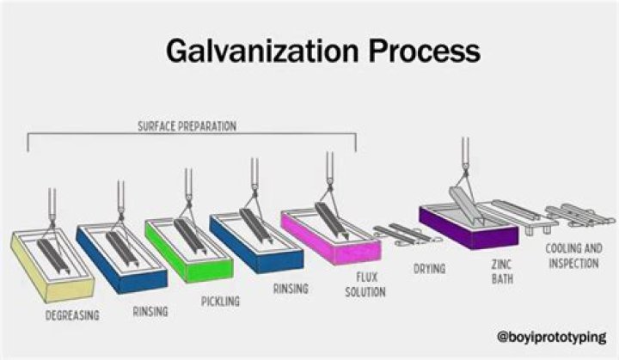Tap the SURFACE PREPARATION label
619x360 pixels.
coord(187,125)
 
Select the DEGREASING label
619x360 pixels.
coord(72,315)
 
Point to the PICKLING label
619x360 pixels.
coord(220,302)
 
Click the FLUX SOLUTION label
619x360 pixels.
coord(365,285)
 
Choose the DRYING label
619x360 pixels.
coord(429,269)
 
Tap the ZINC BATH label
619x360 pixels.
coord(502,272)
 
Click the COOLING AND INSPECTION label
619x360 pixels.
coord(573,256)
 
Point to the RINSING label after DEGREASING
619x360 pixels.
coord(150,311)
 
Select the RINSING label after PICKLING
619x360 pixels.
coord(291,289)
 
